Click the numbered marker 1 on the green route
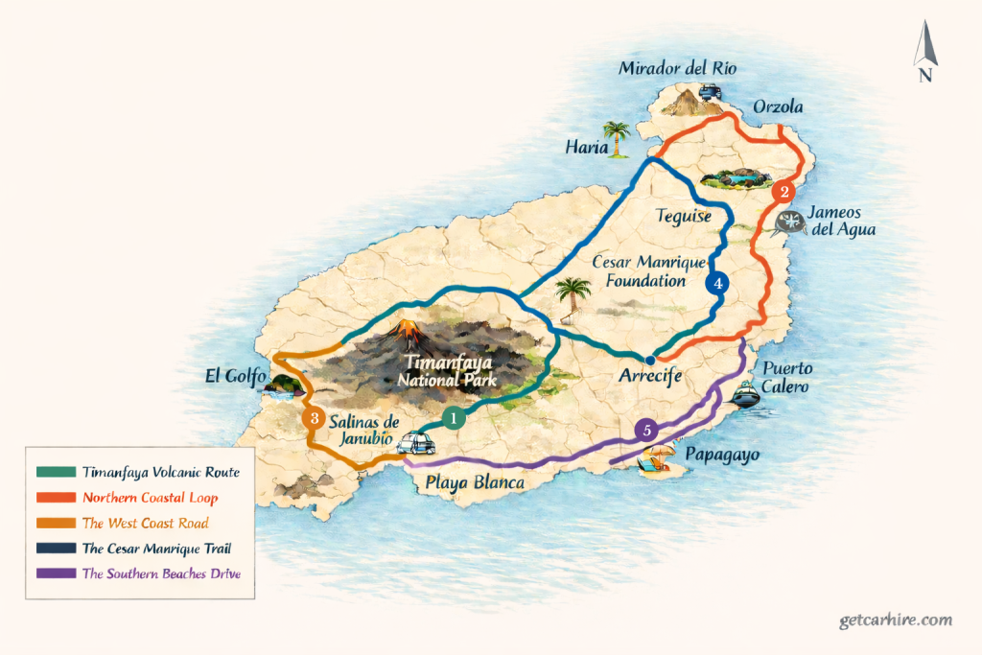(x=455, y=418)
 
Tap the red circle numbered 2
(x=785, y=192)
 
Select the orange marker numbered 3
(x=312, y=418)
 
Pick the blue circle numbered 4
(x=716, y=283)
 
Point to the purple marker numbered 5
(x=647, y=431)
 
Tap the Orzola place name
(x=779, y=105)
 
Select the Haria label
(x=588, y=148)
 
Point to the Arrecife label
(x=649, y=377)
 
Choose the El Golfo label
(x=235, y=375)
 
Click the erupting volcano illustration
(x=407, y=331)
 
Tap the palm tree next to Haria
(x=616, y=138)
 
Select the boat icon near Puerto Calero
(x=745, y=394)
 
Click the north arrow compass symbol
(x=924, y=53)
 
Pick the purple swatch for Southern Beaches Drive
(x=54, y=573)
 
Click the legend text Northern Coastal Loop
(x=150, y=498)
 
